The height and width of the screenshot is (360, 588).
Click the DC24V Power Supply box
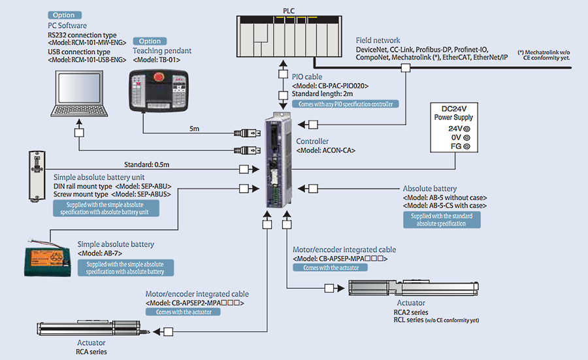[453, 127]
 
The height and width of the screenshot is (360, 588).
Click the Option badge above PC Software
[65, 15]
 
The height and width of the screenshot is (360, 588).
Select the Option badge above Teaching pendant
[150, 41]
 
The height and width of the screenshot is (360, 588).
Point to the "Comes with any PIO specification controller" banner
[346, 104]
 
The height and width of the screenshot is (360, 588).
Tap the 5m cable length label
[195, 129]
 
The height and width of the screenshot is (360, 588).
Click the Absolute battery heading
[429, 189]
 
